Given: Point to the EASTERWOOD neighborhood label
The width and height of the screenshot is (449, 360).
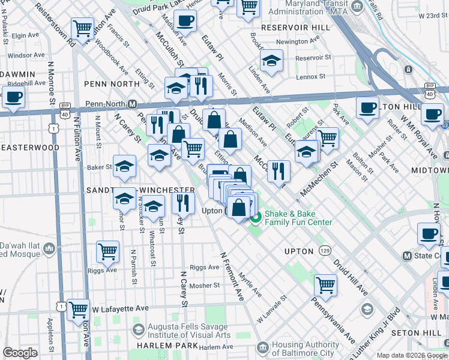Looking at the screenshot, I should pos(30,147).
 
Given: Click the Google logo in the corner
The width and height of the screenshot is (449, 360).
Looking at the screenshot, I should pos(20,353).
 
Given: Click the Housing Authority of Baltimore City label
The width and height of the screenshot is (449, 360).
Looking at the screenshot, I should pos(306,348).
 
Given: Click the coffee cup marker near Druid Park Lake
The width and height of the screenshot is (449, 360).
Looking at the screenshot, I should pos(185,20).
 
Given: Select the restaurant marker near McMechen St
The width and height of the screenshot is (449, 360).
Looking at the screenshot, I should pos(279,171).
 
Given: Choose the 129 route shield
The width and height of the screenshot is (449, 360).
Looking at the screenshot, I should pos(325,249).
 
